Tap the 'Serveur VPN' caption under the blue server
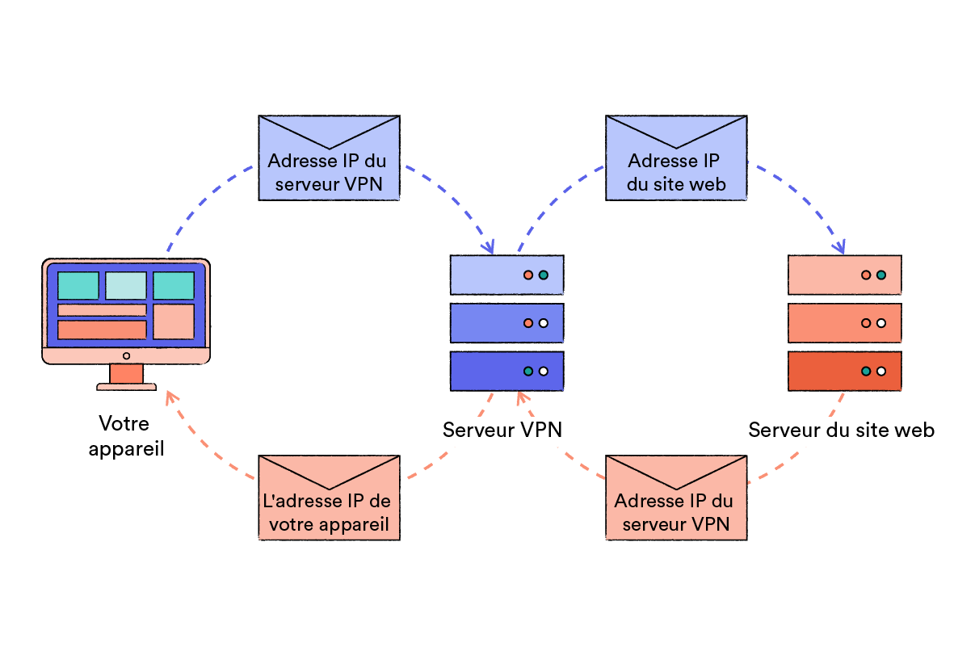pyautogui.click(x=502, y=430)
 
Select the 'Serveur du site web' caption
pyautogui.click(x=841, y=430)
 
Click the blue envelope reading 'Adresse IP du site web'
pyautogui.click(x=676, y=158)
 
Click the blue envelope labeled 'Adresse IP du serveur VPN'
pyautogui.click(x=329, y=158)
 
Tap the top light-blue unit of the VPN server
pyautogui.click(x=506, y=275)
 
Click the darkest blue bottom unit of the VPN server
pyautogui.click(x=506, y=372)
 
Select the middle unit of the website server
pyautogui.click(x=843, y=323)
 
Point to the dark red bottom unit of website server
pyautogui.click(x=843, y=372)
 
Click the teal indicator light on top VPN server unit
pyautogui.click(x=544, y=275)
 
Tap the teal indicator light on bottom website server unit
pyautogui.click(x=866, y=372)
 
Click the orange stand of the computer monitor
pyautogui.click(x=126, y=374)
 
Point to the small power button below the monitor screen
pyautogui.click(x=126, y=355)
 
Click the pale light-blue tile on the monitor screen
pyautogui.click(x=126, y=285)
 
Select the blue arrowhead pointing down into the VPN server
pyautogui.click(x=490, y=247)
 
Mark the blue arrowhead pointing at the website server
pyautogui.click(x=841, y=246)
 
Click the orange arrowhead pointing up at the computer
pyautogui.click(x=170, y=395)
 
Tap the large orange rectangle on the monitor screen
pyautogui.click(x=102, y=330)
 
